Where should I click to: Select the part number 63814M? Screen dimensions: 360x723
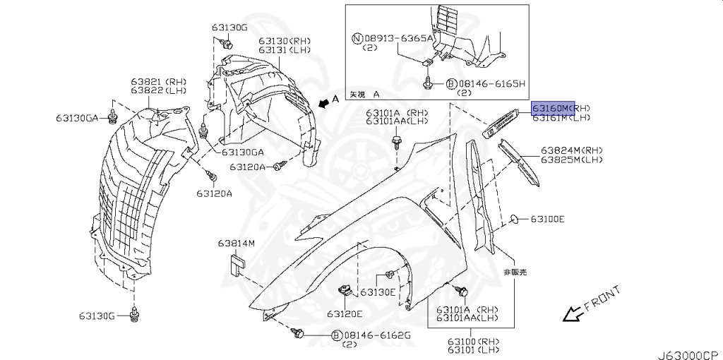(236, 244)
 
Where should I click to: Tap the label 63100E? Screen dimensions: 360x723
(547, 220)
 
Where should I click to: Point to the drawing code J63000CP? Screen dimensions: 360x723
(690, 353)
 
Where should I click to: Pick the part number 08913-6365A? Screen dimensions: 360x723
(398, 39)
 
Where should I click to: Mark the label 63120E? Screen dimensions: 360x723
(344, 314)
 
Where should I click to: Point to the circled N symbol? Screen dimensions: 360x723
(358, 39)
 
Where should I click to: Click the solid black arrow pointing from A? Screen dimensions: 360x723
(323, 104)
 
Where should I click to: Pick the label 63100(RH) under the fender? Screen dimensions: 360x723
(462, 342)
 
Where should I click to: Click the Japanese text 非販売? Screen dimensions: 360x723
(514, 272)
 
